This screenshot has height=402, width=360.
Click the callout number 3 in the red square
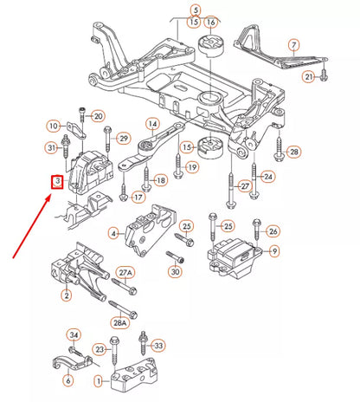point(56,181)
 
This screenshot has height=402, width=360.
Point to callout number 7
point(293,44)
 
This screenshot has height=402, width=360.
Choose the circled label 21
point(309,77)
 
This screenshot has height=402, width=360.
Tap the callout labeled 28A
point(121,322)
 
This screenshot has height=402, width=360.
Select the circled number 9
point(274,251)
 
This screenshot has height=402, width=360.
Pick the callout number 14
point(152,124)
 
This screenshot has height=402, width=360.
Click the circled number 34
point(74,335)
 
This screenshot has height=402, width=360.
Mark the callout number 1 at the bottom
point(100,379)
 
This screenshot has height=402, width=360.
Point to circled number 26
point(273,231)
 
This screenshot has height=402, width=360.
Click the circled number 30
point(176,272)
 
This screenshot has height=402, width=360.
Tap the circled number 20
point(98,116)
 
